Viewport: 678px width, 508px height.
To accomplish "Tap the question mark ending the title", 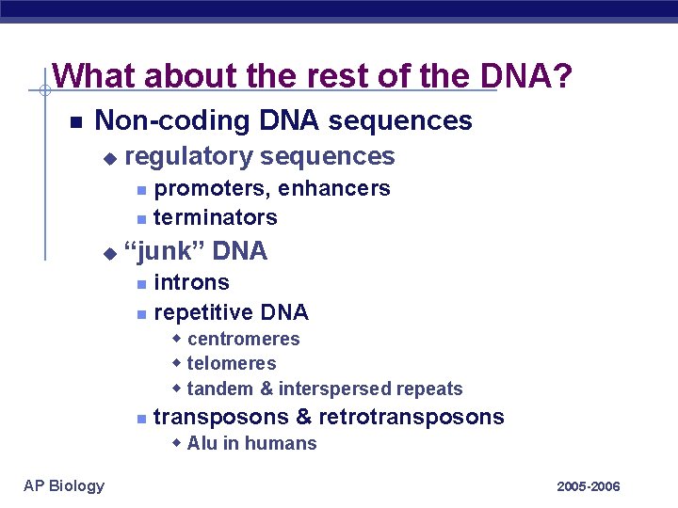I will pyautogui.click(x=561, y=75).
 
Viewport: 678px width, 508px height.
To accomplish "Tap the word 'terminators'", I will pyautogui.click(x=215, y=217).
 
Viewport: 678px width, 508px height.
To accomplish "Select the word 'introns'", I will pyautogui.click(x=191, y=282).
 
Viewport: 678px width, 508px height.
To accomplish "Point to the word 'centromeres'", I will pyautogui.click(x=243, y=339).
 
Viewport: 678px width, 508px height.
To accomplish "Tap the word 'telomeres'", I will pyautogui.click(x=232, y=363).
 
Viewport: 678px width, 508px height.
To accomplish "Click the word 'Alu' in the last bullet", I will pyautogui.click(x=202, y=443).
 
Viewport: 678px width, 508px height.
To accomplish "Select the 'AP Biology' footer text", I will pyautogui.click(x=64, y=485).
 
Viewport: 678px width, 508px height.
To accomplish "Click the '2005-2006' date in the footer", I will pyautogui.click(x=589, y=486).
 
